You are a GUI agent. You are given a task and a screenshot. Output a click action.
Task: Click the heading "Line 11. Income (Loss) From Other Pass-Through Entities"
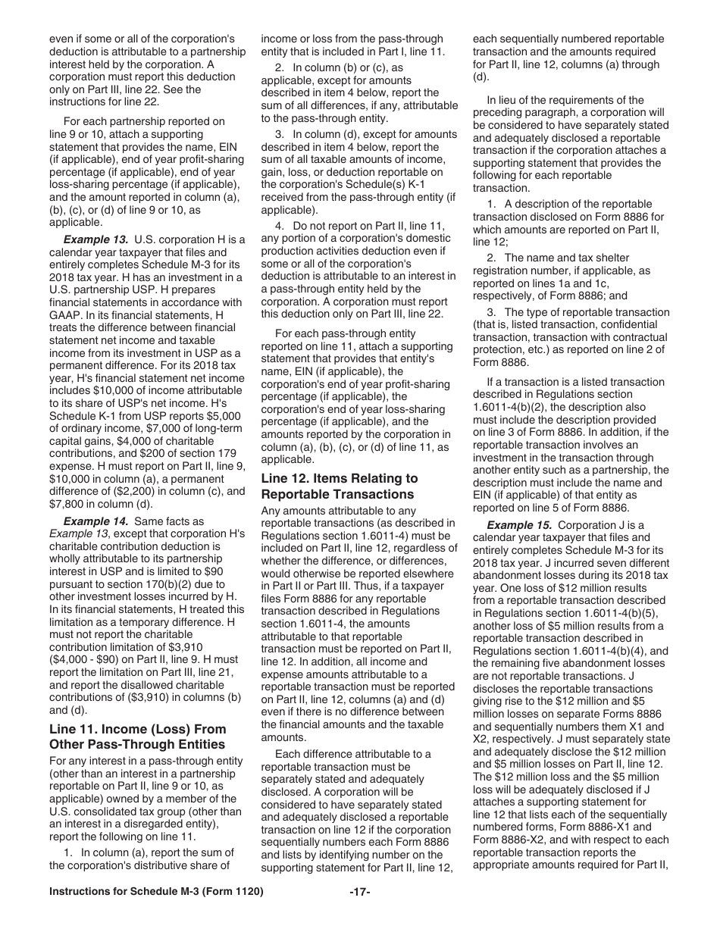coord(137,736)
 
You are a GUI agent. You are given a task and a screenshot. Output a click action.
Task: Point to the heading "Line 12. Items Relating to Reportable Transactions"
coord(340,486)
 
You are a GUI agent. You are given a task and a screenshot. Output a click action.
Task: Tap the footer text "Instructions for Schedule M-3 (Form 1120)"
coord(156,913)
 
